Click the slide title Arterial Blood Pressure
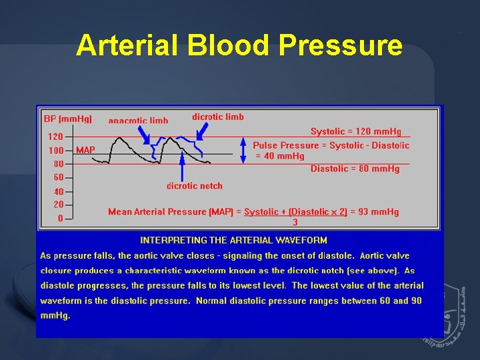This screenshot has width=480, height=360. pyautogui.click(x=239, y=45)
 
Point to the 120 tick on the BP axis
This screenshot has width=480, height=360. pyautogui.click(x=55, y=136)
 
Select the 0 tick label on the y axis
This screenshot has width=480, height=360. pyautogui.click(x=60, y=218)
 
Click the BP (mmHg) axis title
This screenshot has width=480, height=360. pyautogui.click(x=67, y=119)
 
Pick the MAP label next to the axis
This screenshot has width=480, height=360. pyautogui.click(x=85, y=150)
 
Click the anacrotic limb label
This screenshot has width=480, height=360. pyautogui.click(x=138, y=121)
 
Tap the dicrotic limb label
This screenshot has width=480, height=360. pyautogui.click(x=218, y=117)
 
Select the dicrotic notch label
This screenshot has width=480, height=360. pyautogui.click(x=194, y=186)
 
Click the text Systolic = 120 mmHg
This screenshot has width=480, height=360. pyautogui.click(x=355, y=131)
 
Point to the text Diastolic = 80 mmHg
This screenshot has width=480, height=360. pyautogui.click(x=355, y=169)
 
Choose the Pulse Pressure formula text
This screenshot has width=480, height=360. pyautogui.click(x=331, y=150)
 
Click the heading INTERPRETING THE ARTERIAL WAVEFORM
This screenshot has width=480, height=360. pyautogui.click(x=233, y=240)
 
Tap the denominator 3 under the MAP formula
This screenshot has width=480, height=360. pyautogui.click(x=295, y=222)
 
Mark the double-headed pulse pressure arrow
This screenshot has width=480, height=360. pyautogui.click(x=245, y=150)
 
